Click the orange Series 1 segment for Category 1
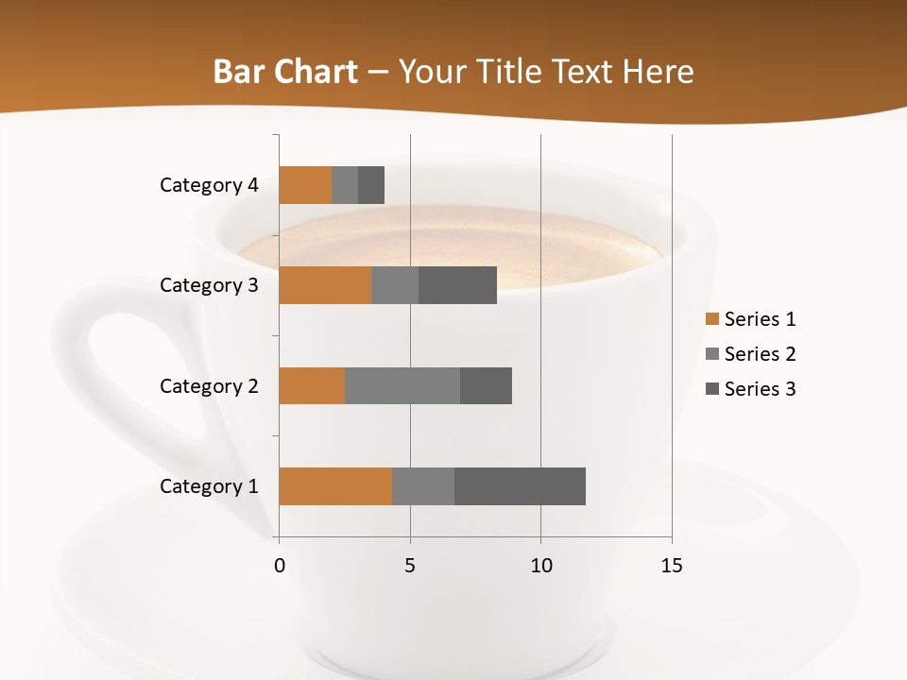[x=335, y=486]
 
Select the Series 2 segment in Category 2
[x=402, y=385]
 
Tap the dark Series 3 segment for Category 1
[x=520, y=486]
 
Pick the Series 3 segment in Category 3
[x=457, y=285]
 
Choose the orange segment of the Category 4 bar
[x=305, y=185]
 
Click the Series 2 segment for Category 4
[x=345, y=185]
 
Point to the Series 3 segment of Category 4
[x=371, y=185]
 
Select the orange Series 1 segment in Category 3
[x=325, y=285]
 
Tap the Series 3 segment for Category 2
[x=486, y=385]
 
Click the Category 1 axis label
[x=209, y=486]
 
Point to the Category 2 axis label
[x=209, y=386]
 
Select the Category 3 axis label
[x=209, y=285]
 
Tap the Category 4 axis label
[x=209, y=185]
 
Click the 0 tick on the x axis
[x=280, y=566]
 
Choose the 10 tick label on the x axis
[x=540, y=566]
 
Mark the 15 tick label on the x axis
[x=671, y=566]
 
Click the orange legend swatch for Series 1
[x=711, y=319]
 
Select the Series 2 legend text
[x=760, y=354]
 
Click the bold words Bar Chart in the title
[x=285, y=72]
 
